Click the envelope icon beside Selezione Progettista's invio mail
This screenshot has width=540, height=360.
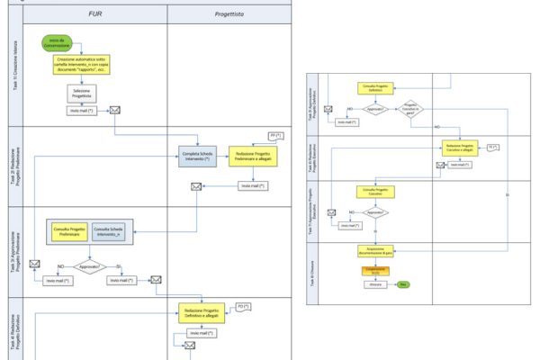[115, 111]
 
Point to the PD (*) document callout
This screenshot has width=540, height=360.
[241, 309]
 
